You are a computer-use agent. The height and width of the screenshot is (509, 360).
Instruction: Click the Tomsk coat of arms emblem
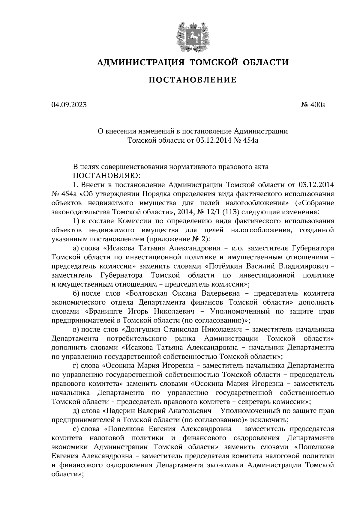click(x=192, y=36)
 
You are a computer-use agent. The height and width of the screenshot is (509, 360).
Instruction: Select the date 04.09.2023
click(x=69, y=105)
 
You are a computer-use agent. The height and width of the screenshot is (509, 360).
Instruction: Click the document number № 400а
click(x=313, y=105)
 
